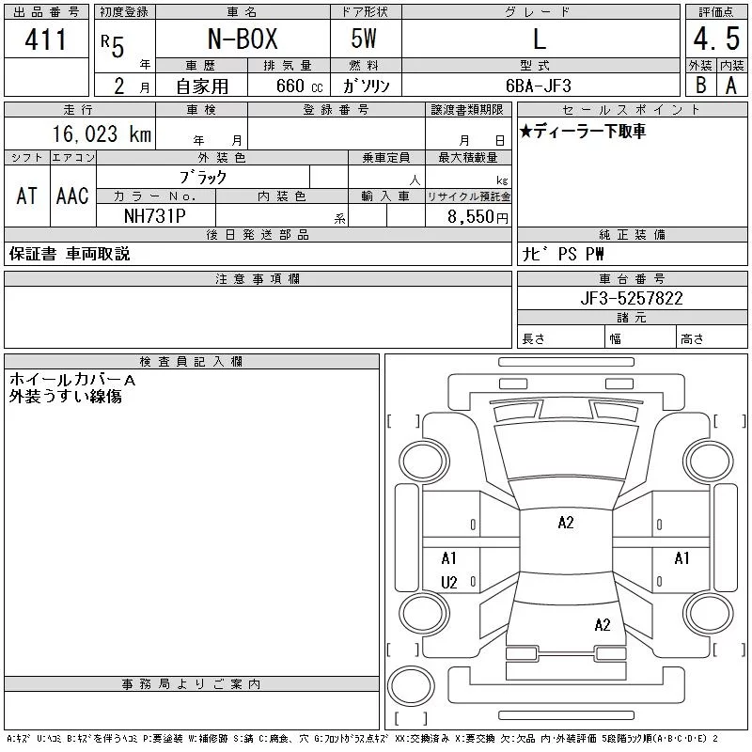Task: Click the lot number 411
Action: click(45, 39)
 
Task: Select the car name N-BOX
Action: click(243, 39)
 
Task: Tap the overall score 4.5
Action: click(716, 39)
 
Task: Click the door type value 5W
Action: click(364, 39)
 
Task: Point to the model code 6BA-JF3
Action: click(539, 86)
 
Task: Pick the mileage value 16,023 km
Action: click(102, 134)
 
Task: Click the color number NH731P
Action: click(155, 216)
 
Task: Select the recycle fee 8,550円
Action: click(478, 217)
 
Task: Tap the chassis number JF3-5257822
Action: click(631, 298)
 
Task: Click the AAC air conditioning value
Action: click(72, 196)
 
